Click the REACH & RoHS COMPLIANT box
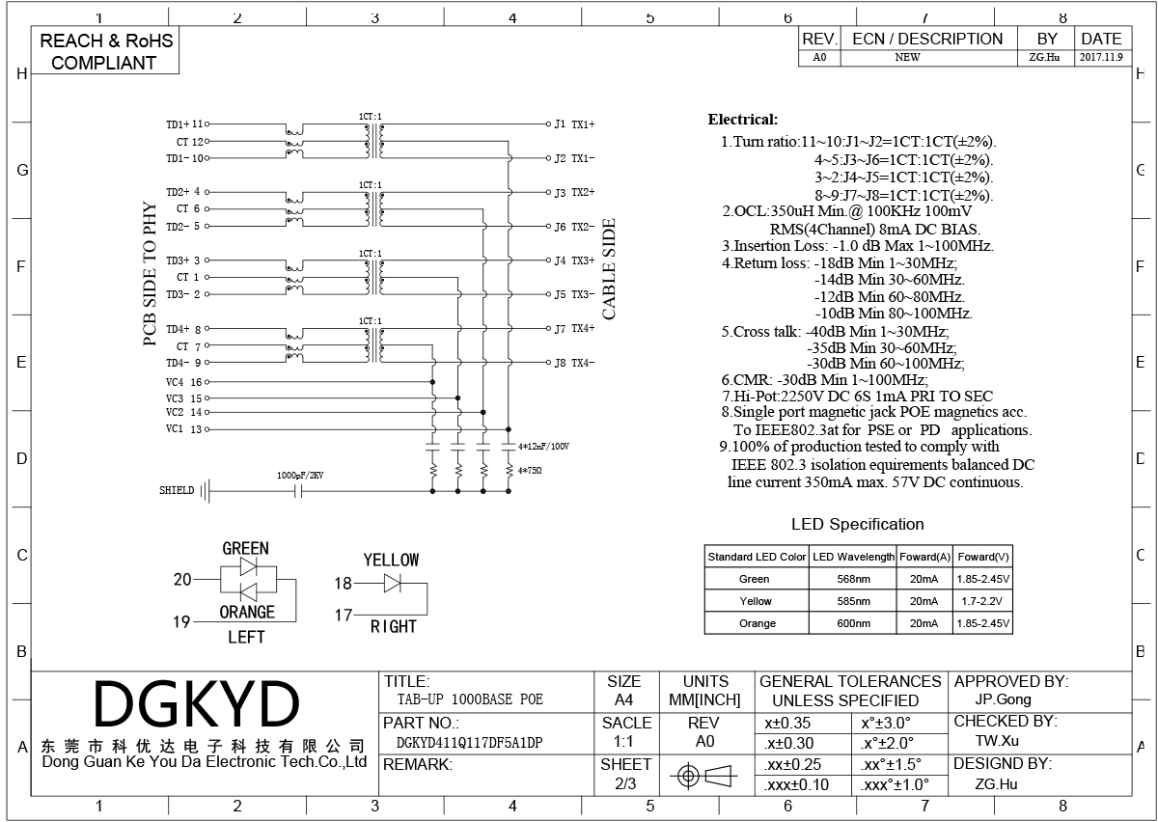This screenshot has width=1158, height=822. pos(105,51)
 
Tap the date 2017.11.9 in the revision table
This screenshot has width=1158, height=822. pos(1101,57)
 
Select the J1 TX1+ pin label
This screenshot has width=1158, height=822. pos(574,124)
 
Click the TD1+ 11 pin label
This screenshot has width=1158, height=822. pos(184,124)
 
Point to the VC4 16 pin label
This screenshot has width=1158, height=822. pos(184,382)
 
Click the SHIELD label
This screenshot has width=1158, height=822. pos(177,490)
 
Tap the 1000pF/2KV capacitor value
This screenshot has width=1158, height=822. pos(300,475)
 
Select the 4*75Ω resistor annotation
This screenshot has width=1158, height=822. pos(530,471)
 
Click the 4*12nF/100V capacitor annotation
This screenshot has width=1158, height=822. pos(543,446)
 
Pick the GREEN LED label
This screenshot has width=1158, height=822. pos(245,548)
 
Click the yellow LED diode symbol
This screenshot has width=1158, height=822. pos(392,583)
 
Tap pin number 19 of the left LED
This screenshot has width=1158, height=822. pos(181,621)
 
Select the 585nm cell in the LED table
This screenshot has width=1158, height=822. pos(853,601)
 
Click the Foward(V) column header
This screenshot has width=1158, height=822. pos(983,557)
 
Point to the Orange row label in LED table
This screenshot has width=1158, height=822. pos(758,623)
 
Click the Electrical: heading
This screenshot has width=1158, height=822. pos(743,120)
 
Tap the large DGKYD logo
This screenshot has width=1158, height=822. pos(197,703)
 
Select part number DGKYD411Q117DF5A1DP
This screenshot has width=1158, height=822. pos(469,743)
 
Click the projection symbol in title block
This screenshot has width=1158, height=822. pos(703,776)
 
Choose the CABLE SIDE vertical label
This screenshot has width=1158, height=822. pos(609,269)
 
